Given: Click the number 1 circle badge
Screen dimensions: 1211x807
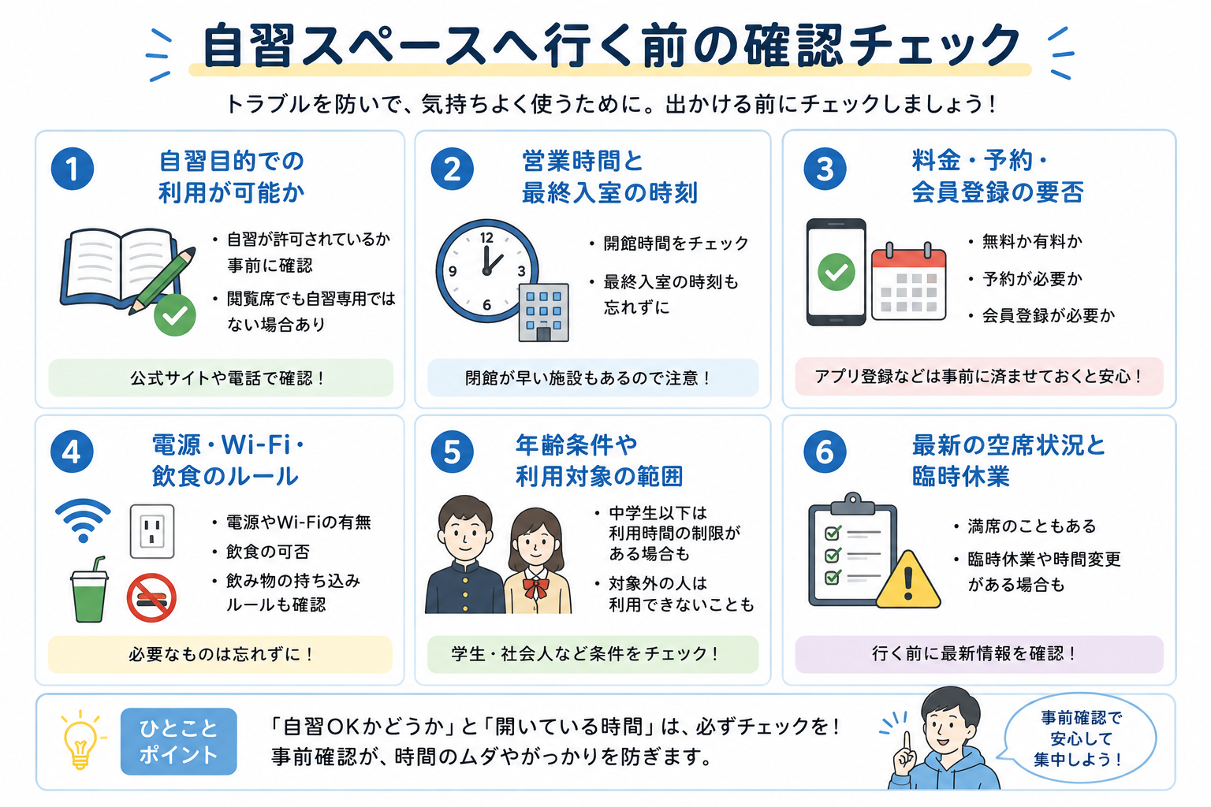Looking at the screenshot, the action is coord(73,169).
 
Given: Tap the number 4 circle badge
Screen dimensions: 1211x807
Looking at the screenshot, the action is coord(72,452).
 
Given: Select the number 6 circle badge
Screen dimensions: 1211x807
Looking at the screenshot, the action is coord(825,452).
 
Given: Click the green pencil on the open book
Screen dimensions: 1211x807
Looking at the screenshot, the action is coord(162,281).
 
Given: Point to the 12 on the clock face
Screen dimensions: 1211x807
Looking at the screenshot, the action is coord(486,238).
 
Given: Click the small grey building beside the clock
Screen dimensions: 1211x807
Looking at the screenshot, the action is coord(543,312).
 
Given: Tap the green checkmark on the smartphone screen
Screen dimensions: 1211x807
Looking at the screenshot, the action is coord(836,272).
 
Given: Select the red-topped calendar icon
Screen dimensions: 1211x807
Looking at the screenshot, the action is coord(909,282).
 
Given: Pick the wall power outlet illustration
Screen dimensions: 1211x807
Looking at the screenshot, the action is coord(152,531).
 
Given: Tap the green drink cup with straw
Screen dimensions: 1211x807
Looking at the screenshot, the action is coord(89,590).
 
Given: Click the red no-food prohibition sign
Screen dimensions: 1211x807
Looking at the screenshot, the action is coord(151,598).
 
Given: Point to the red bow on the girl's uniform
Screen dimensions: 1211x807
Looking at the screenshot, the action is coord(536,588).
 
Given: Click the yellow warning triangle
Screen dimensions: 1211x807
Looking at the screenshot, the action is coord(908,581).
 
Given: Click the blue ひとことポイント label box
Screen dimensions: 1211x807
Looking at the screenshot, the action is coord(178,742).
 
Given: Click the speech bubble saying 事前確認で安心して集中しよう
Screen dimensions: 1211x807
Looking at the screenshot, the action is coord(1080,738).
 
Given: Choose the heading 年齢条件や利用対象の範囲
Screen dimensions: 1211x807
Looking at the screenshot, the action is coord(599,460).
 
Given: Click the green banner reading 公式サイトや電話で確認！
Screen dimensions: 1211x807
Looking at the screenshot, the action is coord(221,377).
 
